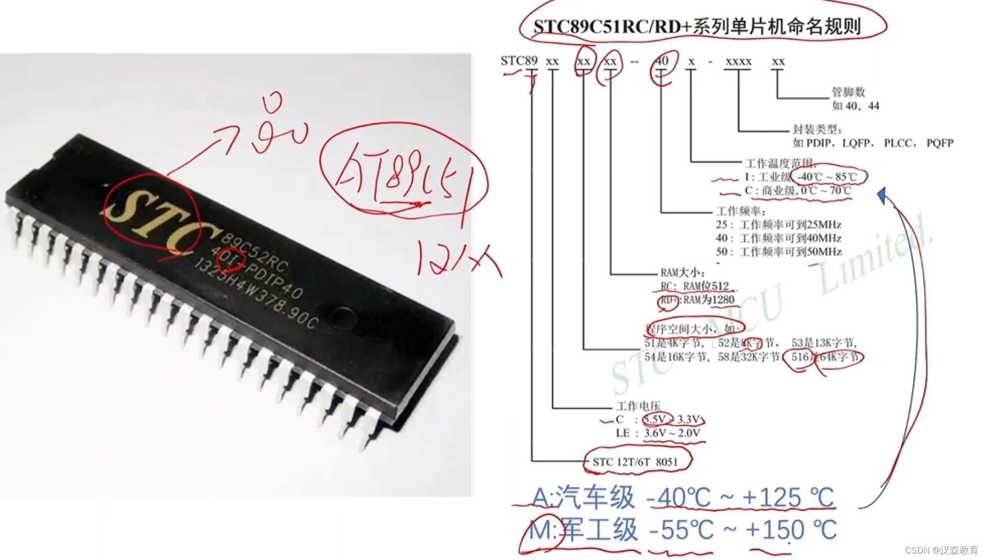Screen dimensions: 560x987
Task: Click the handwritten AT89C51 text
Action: click(399, 176)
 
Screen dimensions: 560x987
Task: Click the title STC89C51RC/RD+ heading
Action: click(697, 26)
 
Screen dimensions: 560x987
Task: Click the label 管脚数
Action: click(848, 92)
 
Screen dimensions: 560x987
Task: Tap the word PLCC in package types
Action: click(899, 143)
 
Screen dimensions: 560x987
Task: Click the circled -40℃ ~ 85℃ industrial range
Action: click(828, 177)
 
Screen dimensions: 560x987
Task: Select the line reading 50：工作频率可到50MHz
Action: click(779, 251)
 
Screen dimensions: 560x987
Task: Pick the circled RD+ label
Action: click(669, 300)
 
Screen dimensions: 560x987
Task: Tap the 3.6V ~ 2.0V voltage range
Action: click(672, 433)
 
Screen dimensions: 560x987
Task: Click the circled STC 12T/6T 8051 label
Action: click(636, 461)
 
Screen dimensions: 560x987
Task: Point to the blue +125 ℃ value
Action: click(788, 498)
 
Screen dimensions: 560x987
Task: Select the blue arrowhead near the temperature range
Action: click(882, 195)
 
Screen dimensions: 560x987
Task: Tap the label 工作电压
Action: click(638, 406)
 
